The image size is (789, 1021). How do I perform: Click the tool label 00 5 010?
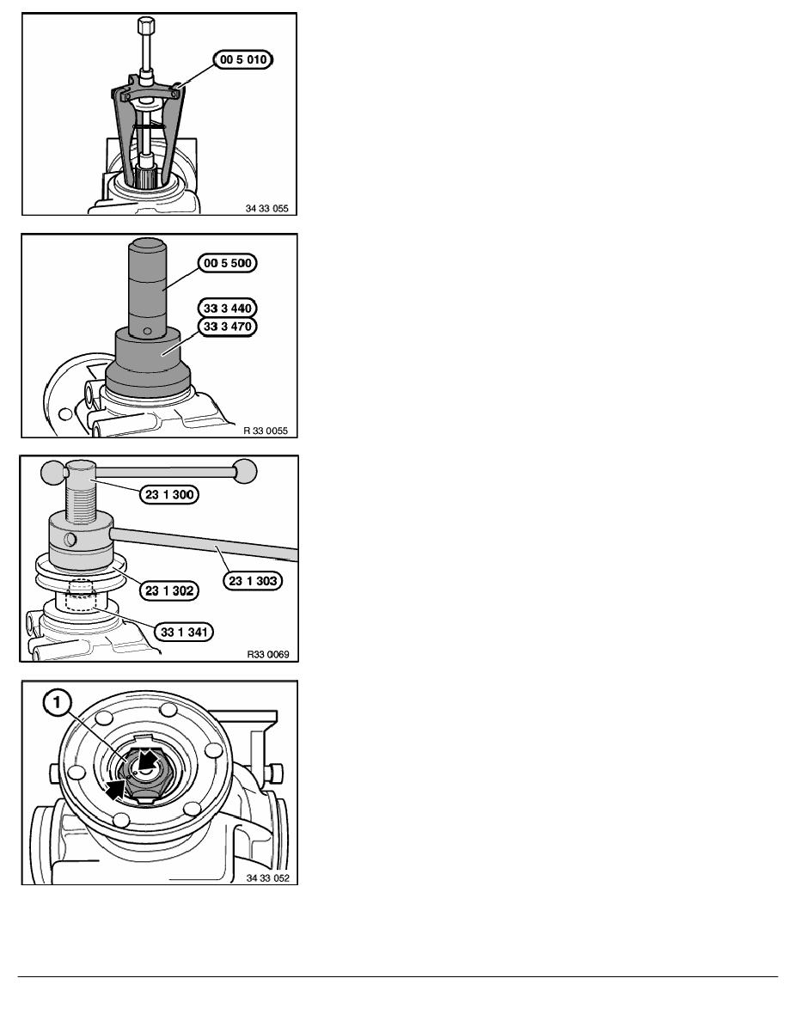click(243, 60)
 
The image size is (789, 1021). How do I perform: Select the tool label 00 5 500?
click(227, 263)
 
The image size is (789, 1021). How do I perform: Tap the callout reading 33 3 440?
click(227, 308)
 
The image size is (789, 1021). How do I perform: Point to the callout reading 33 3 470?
click(227, 327)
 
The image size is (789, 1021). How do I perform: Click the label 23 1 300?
click(169, 494)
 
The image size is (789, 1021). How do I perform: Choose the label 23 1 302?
click(169, 590)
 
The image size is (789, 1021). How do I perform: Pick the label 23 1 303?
click(254, 581)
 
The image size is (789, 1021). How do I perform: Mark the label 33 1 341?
click(184, 632)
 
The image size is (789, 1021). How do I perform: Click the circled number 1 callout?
click(58, 703)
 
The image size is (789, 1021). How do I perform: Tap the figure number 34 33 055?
click(267, 208)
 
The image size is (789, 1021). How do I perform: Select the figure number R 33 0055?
click(266, 431)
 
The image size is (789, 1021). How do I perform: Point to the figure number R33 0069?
click(268, 654)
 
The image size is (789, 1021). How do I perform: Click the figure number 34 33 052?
click(267, 878)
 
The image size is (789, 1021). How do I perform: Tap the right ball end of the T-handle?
click(246, 471)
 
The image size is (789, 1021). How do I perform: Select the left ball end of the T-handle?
click(52, 473)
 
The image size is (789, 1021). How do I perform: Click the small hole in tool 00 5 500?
click(148, 332)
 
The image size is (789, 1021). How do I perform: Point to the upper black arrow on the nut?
click(149, 759)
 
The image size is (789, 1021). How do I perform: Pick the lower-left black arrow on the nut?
click(115, 790)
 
